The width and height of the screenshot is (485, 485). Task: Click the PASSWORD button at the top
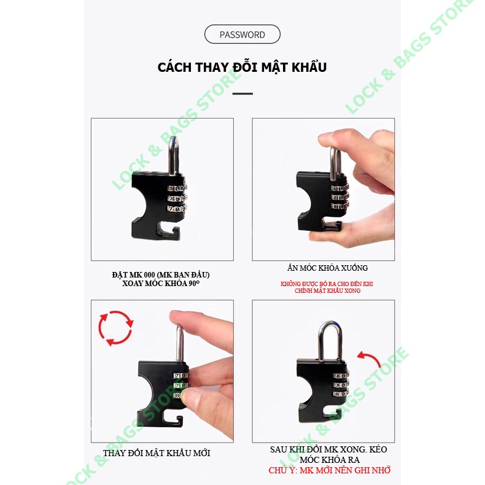[x=242, y=34]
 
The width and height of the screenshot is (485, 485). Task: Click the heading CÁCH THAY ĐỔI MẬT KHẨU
[x=242, y=68]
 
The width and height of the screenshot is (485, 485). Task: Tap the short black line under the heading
[x=243, y=93]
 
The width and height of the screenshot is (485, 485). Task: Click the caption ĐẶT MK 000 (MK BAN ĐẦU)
[x=165, y=274]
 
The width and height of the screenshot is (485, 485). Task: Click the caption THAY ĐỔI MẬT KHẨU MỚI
[x=157, y=452]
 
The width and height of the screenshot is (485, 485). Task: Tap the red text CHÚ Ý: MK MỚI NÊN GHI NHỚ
[x=330, y=470]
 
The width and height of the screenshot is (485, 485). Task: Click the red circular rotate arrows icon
[x=115, y=328]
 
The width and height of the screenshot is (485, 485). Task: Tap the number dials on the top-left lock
[x=176, y=199]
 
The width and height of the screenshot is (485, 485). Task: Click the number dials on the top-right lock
[x=340, y=196]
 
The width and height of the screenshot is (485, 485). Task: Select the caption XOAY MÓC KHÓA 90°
[x=165, y=284]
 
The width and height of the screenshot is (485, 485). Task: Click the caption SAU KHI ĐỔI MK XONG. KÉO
[x=328, y=449]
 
